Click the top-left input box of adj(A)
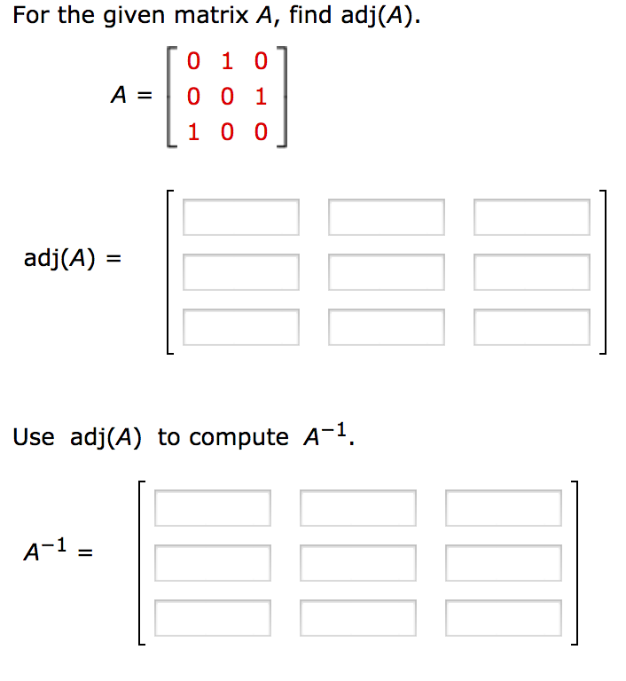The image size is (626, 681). coord(241,217)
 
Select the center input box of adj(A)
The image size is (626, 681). coord(387,272)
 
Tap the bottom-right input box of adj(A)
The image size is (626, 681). coord(532,327)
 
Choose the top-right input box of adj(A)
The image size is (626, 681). coord(532,217)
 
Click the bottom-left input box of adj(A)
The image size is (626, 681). coord(241,327)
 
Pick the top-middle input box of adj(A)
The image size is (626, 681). coord(387,217)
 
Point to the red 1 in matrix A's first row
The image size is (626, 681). coord(228,63)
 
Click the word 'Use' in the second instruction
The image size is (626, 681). coord(34,437)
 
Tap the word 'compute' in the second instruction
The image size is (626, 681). coord(239,438)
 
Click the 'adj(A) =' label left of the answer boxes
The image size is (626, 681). coord(72,259)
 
